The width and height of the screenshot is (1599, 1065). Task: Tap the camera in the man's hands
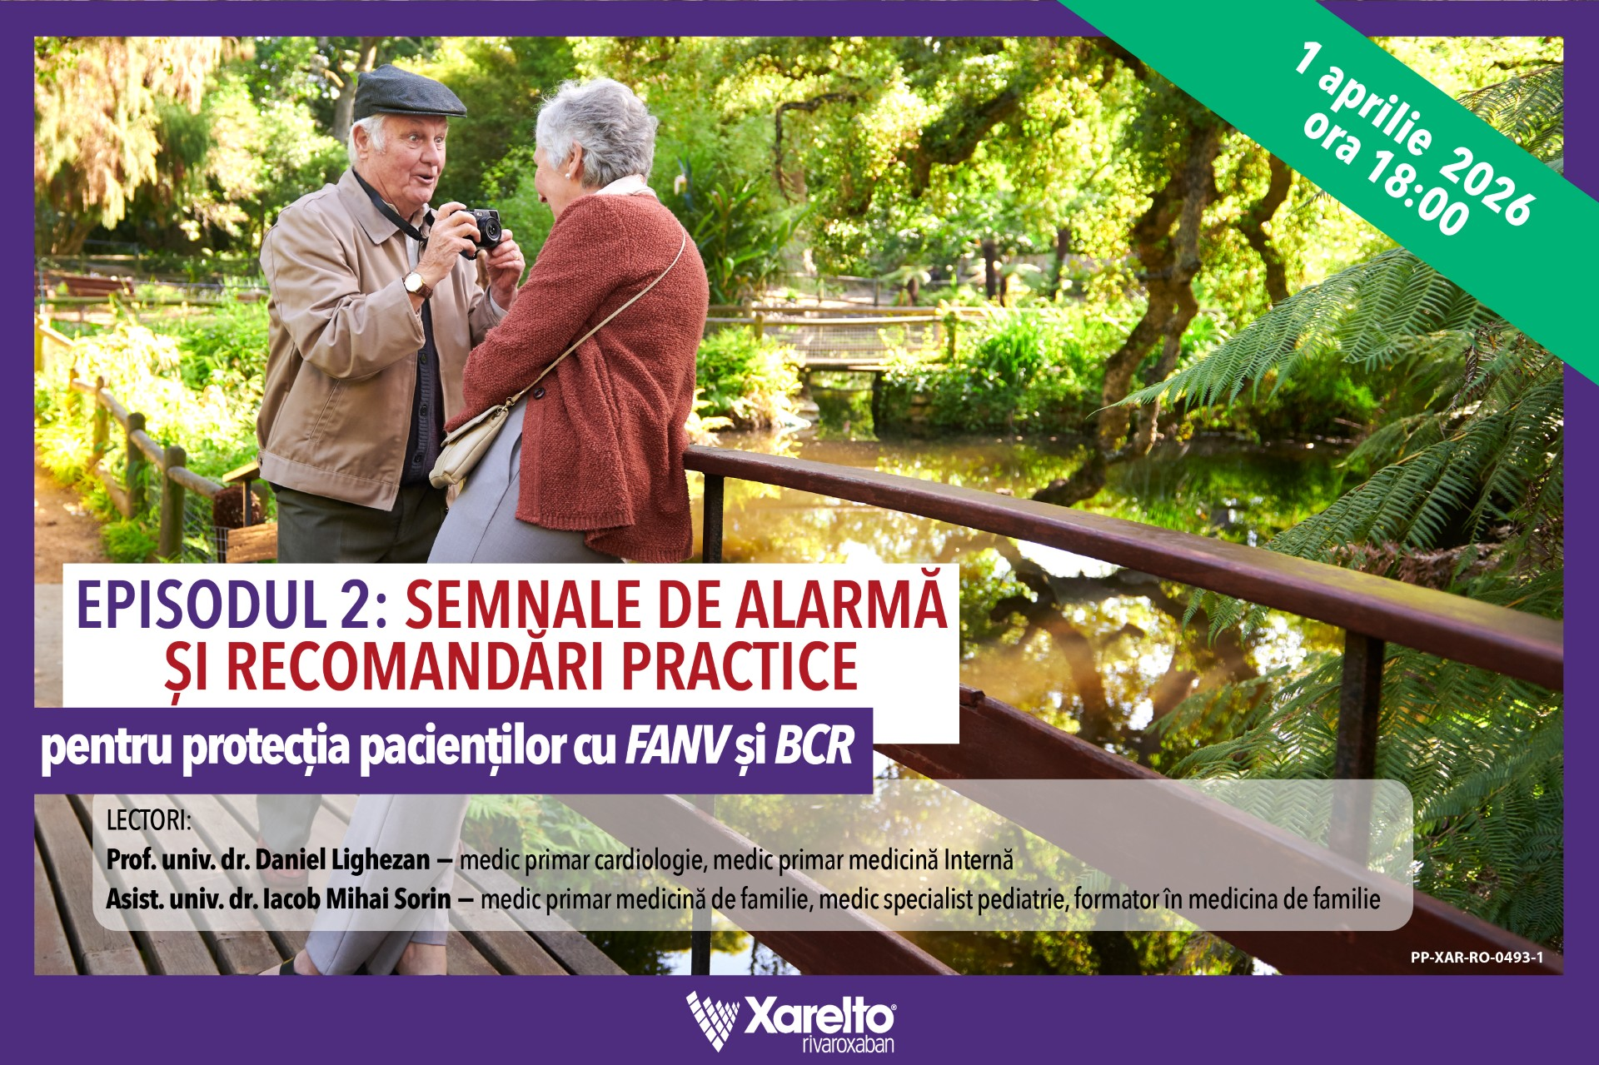[x=481, y=228]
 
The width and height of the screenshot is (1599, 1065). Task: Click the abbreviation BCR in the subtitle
[x=814, y=746]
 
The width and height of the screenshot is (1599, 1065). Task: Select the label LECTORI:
[x=149, y=820]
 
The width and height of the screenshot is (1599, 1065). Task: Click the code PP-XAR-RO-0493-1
[x=1477, y=958]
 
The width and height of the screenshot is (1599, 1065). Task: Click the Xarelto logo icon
[x=713, y=1019]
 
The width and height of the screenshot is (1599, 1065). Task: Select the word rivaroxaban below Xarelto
[x=848, y=1044]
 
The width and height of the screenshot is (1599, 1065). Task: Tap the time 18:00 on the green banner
[x=1399, y=188]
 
